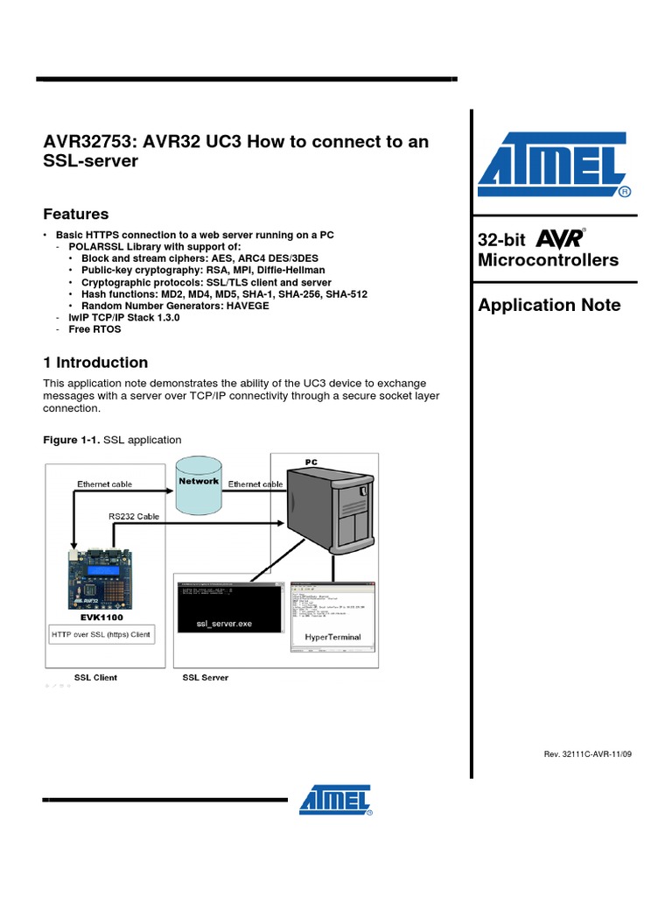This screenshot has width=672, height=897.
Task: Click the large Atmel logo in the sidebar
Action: [x=553, y=166]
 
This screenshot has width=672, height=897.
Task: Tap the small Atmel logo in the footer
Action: [x=336, y=800]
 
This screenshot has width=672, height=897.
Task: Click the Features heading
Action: [x=76, y=214]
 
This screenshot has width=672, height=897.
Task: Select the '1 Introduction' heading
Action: [x=95, y=363]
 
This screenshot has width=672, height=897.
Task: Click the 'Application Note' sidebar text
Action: [x=549, y=305]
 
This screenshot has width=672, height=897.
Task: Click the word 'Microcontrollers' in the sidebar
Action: [x=548, y=260]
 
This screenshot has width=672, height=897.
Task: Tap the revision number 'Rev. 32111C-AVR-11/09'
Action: [x=587, y=754]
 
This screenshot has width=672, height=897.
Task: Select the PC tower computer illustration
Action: [x=334, y=511]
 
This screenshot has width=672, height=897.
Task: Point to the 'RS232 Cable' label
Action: [x=134, y=517]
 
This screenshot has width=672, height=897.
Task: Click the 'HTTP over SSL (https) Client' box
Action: [x=100, y=634]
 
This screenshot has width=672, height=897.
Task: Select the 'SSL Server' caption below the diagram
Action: [x=205, y=677]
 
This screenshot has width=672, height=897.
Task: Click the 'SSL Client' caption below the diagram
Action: [x=95, y=677]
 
